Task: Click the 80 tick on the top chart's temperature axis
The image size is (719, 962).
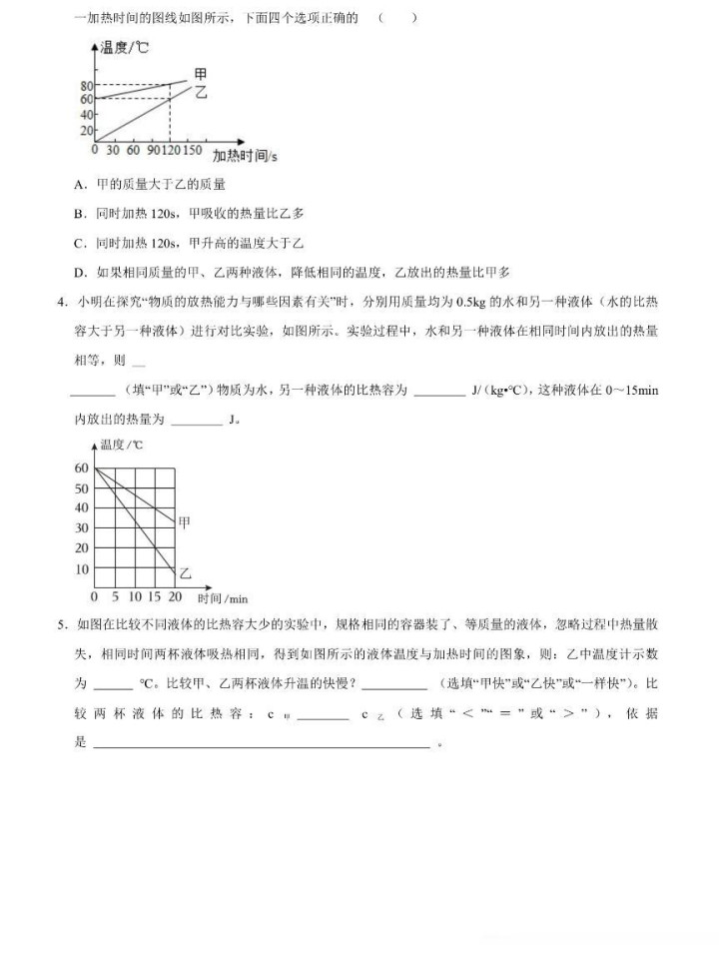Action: click(86, 85)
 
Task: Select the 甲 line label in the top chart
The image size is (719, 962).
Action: click(201, 74)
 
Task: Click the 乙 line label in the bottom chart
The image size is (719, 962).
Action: click(184, 573)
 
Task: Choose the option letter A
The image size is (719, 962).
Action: click(79, 185)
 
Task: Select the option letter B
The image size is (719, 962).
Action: click(79, 214)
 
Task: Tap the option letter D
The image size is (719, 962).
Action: click(79, 272)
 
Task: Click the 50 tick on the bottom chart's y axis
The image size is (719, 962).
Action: click(81, 487)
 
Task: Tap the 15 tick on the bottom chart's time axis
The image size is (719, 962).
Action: click(154, 597)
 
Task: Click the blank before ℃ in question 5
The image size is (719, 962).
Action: click(113, 684)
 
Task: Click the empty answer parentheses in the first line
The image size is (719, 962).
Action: click(398, 18)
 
